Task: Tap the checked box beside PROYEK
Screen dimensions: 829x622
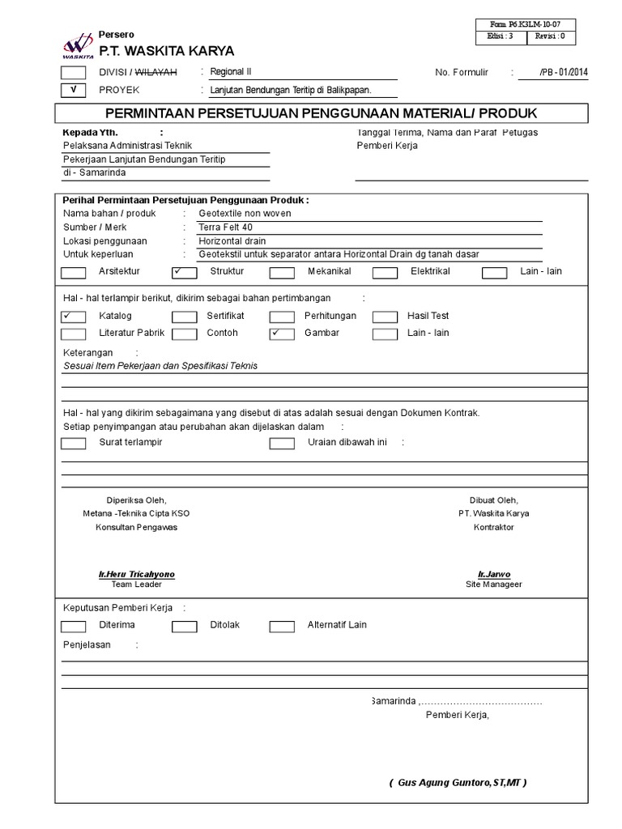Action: pyautogui.click(x=74, y=91)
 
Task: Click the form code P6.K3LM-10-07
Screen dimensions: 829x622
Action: pyautogui.click(x=534, y=25)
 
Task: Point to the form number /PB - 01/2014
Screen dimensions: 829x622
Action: pyautogui.click(x=564, y=73)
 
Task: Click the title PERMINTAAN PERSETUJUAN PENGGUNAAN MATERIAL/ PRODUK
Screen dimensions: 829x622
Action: pyautogui.click(x=322, y=113)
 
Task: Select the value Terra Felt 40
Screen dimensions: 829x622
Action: pyautogui.click(x=226, y=227)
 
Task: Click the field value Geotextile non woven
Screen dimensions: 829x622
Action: pyautogui.click(x=245, y=214)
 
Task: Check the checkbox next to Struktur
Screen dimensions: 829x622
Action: pyautogui.click(x=184, y=273)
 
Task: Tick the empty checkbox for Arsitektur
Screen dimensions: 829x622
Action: pyautogui.click(x=74, y=273)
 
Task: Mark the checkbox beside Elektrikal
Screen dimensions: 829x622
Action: pyautogui.click(x=385, y=273)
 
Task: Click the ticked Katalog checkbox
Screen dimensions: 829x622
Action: pyautogui.click(x=74, y=317)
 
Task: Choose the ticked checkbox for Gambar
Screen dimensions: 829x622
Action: pyautogui.click(x=282, y=334)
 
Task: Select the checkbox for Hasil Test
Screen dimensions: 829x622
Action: pyautogui.click(x=385, y=317)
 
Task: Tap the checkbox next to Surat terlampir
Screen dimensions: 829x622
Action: pyautogui.click(x=74, y=443)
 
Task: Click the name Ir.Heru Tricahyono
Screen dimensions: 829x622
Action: pyautogui.click(x=136, y=574)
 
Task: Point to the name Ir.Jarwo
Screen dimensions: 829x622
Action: pyautogui.click(x=494, y=574)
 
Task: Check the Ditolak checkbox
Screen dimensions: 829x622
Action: pyautogui.click(x=184, y=626)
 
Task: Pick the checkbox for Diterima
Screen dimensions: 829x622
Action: pyautogui.click(x=74, y=626)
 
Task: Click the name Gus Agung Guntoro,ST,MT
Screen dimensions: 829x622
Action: pyautogui.click(x=458, y=783)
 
